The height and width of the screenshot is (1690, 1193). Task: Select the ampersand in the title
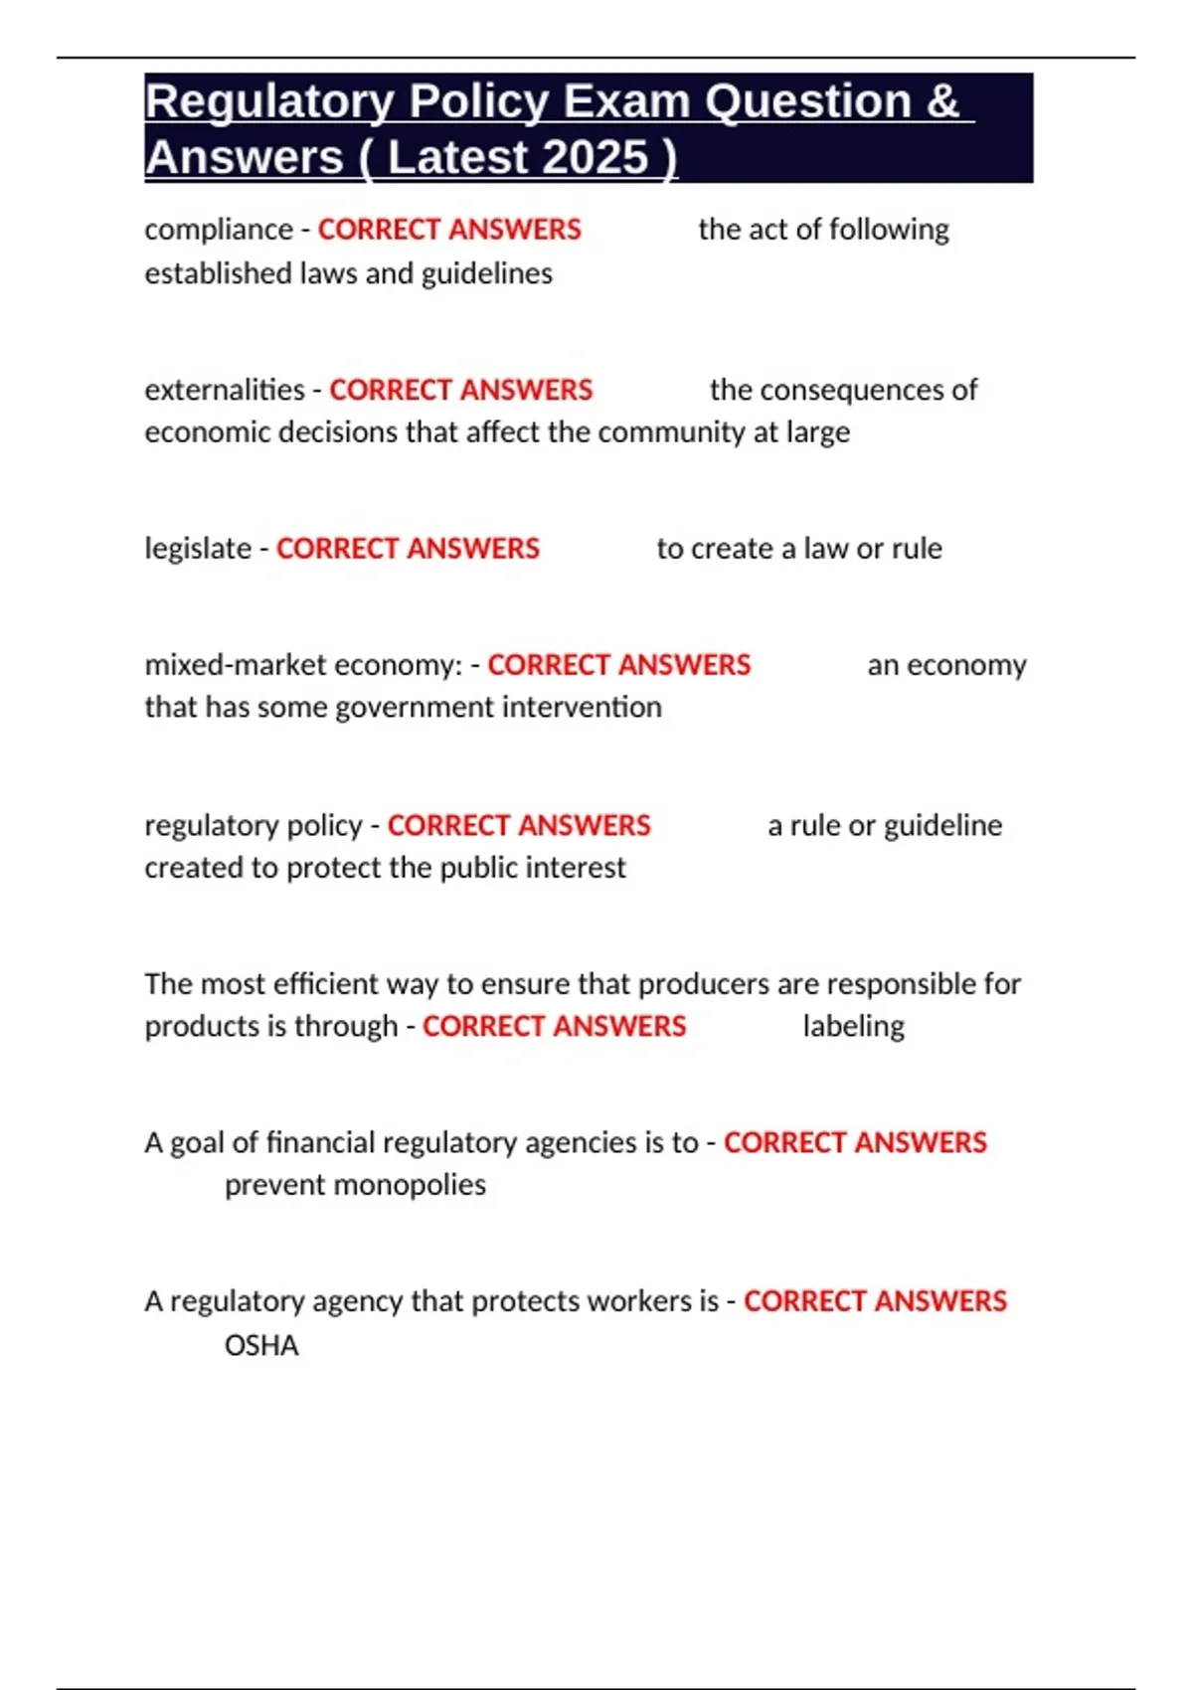pyautogui.click(x=941, y=102)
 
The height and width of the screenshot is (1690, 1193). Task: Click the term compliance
pyautogui.click(x=219, y=230)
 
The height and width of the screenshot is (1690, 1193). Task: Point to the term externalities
pyautogui.click(x=225, y=390)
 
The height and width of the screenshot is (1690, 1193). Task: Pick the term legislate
pyautogui.click(x=198, y=549)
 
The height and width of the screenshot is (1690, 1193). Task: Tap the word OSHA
pyautogui.click(x=261, y=1346)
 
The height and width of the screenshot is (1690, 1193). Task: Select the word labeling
pyautogui.click(x=853, y=1026)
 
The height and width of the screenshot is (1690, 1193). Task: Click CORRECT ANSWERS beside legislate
pyautogui.click(x=408, y=549)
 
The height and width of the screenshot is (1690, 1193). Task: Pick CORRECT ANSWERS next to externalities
pyautogui.click(x=460, y=390)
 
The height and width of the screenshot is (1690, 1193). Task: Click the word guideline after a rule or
pyautogui.click(x=942, y=825)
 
